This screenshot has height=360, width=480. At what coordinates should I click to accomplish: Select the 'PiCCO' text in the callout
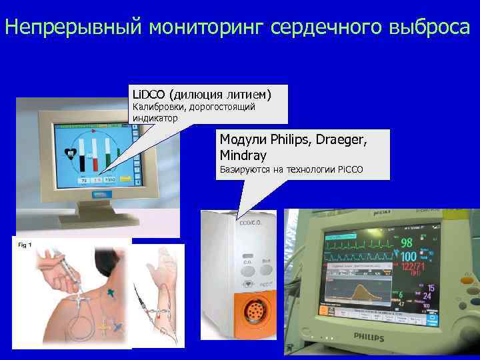pyautogui.click(x=349, y=170)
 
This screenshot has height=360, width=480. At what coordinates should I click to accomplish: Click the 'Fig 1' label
pyautogui.click(x=25, y=245)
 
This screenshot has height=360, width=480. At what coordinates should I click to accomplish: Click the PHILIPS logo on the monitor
pyautogui.click(x=368, y=336)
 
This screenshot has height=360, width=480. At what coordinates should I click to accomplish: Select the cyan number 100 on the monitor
pyautogui.click(x=408, y=257)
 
